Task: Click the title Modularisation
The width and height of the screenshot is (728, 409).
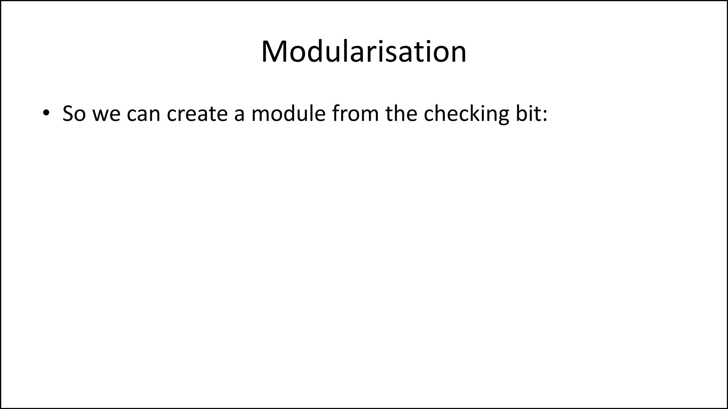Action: click(364, 52)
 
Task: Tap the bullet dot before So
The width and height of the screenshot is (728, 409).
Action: click(45, 113)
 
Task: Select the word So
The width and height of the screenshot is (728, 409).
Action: click(74, 114)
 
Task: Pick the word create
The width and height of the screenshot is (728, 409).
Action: click(197, 114)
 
